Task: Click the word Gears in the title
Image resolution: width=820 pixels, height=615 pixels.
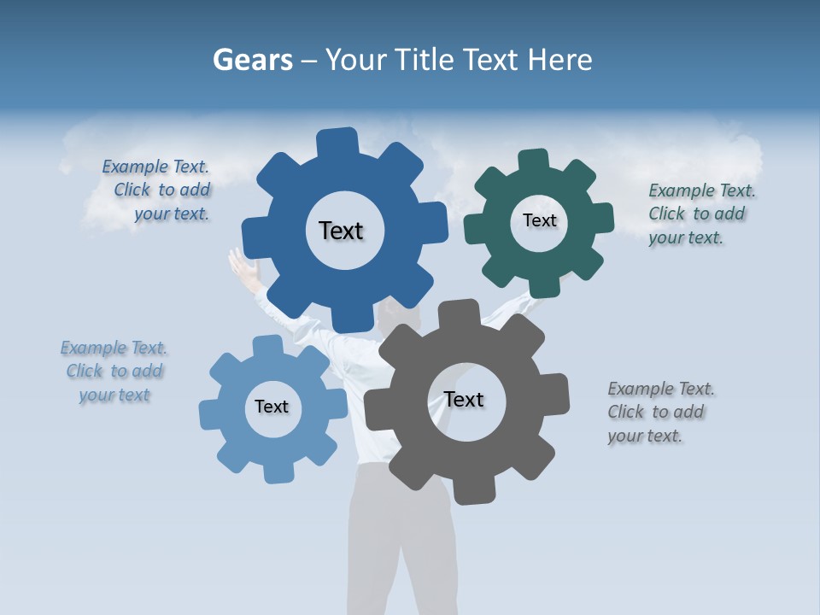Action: pos(252,61)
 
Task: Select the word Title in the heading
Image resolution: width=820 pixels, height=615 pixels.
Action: pos(425,61)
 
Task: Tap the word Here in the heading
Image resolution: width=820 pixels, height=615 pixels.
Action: pos(559,61)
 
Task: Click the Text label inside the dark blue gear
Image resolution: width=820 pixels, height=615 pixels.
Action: pos(341,231)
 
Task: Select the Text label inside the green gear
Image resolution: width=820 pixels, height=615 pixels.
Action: pos(539,220)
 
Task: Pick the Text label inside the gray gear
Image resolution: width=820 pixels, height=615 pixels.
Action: pos(464,400)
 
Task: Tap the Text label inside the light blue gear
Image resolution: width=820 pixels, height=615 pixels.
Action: pos(272,407)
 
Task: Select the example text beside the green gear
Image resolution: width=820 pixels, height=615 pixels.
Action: pos(701,214)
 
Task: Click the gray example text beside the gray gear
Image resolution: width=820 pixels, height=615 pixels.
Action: pos(660,412)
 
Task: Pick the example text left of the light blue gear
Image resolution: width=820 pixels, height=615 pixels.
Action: pos(114,372)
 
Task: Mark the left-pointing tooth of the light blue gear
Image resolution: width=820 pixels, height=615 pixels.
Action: pos(210,414)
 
